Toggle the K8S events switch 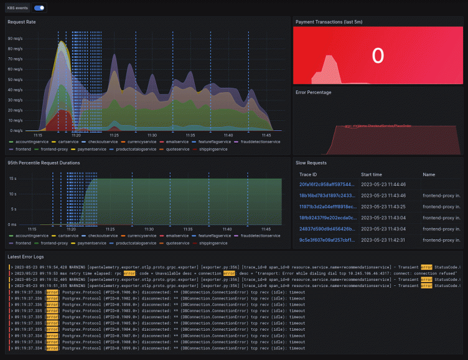pos(40,8)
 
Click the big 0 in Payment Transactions pos(377,56)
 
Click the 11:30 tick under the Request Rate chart pos(152,135)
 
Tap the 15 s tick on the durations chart pos(12,179)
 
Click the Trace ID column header pos(309,175)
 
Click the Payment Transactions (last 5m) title pos(329,22)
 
